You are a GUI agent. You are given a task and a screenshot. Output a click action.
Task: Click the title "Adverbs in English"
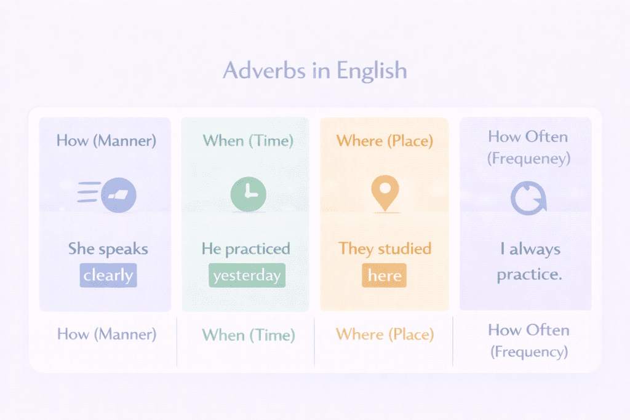[x=314, y=70]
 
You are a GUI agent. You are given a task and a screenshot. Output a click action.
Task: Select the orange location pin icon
[x=385, y=192]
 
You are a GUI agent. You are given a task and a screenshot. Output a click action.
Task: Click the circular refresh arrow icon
[x=528, y=199]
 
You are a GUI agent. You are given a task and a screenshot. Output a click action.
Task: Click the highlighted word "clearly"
[x=108, y=275]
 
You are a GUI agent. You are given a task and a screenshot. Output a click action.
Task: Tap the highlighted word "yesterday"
[x=247, y=275]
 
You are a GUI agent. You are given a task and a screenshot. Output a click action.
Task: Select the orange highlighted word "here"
[x=385, y=275]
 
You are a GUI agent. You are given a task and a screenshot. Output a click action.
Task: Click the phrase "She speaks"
[x=108, y=249]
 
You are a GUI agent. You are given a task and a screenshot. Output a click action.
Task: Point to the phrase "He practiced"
[x=246, y=249]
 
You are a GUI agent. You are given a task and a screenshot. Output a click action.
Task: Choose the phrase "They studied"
[x=385, y=249]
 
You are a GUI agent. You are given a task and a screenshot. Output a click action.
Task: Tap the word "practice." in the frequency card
[x=529, y=274]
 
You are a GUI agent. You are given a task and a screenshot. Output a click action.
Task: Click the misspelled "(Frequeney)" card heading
[x=528, y=158]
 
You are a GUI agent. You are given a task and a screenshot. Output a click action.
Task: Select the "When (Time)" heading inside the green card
[x=248, y=141]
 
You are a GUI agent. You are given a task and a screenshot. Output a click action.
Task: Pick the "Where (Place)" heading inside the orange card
[x=385, y=141]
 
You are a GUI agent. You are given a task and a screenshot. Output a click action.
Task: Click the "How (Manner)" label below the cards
[x=107, y=334]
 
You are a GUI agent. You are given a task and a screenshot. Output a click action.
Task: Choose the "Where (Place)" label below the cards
[x=385, y=335]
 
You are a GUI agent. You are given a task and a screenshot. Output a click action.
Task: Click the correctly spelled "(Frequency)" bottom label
[x=528, y=352]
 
